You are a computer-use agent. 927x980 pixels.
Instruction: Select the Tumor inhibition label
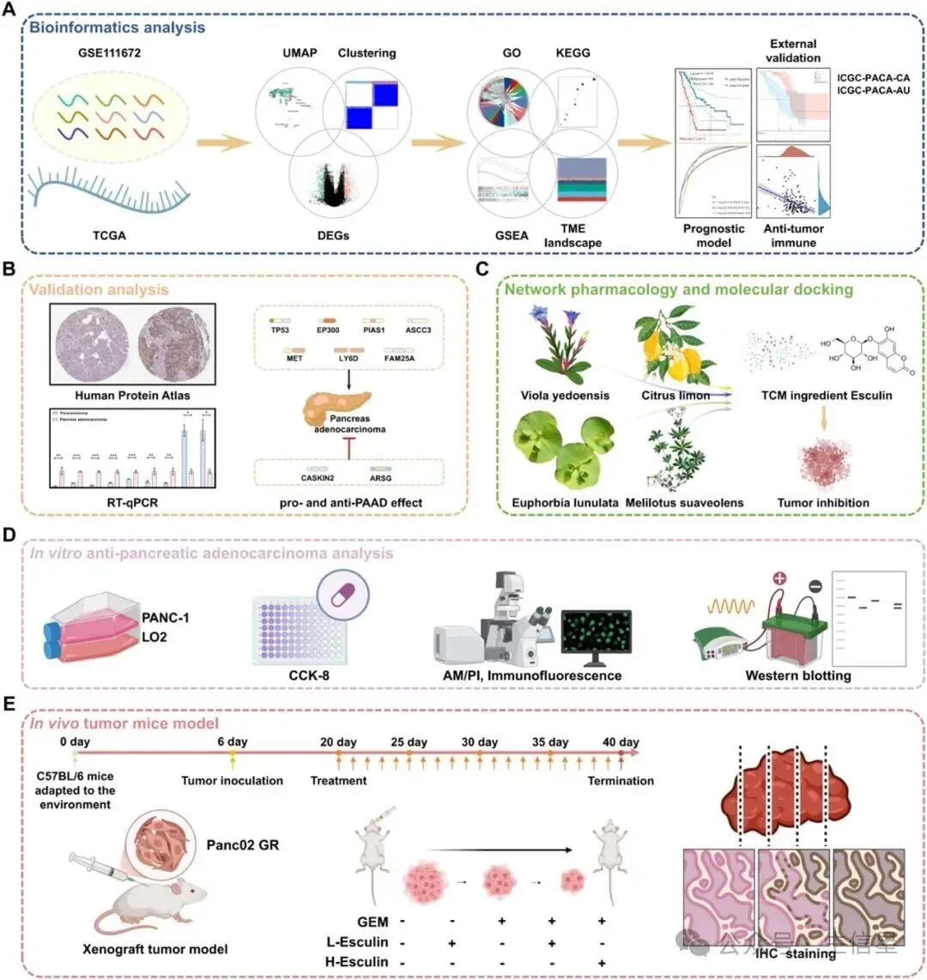(823, 503)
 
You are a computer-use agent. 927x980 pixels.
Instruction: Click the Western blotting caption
(798, 675)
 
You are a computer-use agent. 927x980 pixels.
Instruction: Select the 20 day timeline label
(338, 741)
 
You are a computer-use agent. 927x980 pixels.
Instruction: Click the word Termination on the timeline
(621, 781)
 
